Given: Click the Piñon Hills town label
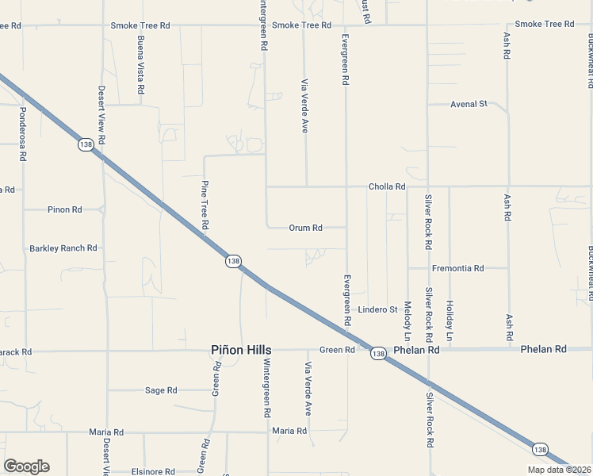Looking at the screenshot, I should tap(241, 350).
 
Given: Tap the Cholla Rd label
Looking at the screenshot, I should tap(387, 186).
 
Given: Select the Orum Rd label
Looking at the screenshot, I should tap(305, 228).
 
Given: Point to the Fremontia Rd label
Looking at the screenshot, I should tap(458, 268).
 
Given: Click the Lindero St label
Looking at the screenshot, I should tap(377, 309).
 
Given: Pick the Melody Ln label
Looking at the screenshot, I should tap(407, 316).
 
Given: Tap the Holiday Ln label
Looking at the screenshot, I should tap(450, 316).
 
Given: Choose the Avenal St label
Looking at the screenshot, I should tap(468, 104).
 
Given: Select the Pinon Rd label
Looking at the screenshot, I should tap(64, 209).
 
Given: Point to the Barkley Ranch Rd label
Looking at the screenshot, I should tap(63, 248).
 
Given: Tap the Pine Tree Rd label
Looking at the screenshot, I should tap(205, 205).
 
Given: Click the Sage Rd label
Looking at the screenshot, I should tap(161, 390).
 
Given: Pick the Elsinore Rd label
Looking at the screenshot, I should tap(154, 471).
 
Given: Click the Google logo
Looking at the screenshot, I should tap(26, 466).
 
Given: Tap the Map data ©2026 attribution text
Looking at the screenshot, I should tap(559, 470).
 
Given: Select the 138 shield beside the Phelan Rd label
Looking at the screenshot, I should tap(378, 354).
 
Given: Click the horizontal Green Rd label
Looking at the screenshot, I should tap(337, 350).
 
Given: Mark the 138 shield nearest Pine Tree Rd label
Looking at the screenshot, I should tap(232, 261).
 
